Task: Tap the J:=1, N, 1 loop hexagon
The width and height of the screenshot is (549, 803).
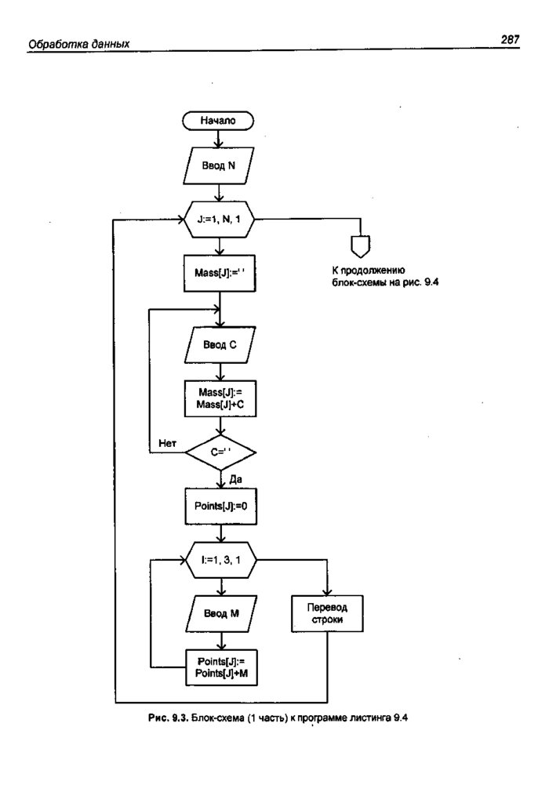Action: pyautogui.click(x=220, y=221)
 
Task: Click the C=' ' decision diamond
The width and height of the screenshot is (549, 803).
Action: pyautogui.click(x=220, y=452)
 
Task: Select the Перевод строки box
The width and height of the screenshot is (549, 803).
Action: pyautogui.click(x=325, y=613)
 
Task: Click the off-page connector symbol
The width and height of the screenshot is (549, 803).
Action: pyautogui.click(x=360, y=246)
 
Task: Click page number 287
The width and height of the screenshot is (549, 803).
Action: pyautogui.click(x=509, y=40)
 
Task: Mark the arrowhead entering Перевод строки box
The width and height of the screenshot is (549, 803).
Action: pyautogui.click(x=325, y=593)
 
